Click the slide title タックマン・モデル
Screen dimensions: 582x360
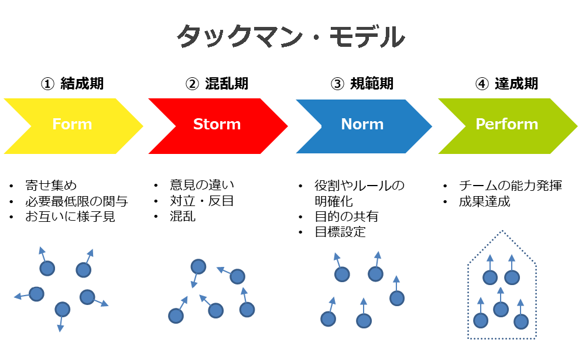290,36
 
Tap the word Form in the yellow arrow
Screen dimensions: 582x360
72,124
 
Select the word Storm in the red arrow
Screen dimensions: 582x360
217,124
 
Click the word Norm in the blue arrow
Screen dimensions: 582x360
362,124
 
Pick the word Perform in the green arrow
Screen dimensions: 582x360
507,124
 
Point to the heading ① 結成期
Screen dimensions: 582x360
72,84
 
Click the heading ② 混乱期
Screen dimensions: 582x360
217,84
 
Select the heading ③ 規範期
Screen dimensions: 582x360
362,84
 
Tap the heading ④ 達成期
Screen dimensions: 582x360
506,84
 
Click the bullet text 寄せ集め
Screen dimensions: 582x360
51,185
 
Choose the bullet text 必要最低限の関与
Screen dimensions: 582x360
77,201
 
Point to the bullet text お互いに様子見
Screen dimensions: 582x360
70,217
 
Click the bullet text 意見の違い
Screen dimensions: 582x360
202,184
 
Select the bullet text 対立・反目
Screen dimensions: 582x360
202,200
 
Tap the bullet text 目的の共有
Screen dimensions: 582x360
346,216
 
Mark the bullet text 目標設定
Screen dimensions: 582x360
340,232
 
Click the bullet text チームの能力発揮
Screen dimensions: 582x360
511,185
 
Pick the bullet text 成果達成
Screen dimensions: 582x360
484,201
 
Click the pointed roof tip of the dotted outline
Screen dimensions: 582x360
502,231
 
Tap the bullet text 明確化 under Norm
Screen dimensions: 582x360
334,201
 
